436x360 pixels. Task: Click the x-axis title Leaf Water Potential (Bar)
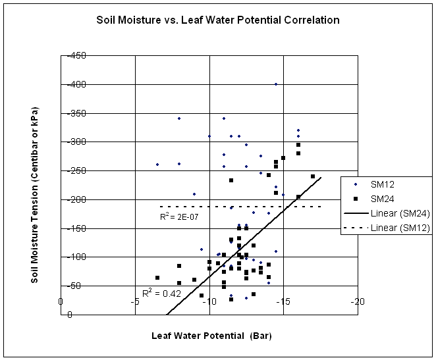[211, 336]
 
